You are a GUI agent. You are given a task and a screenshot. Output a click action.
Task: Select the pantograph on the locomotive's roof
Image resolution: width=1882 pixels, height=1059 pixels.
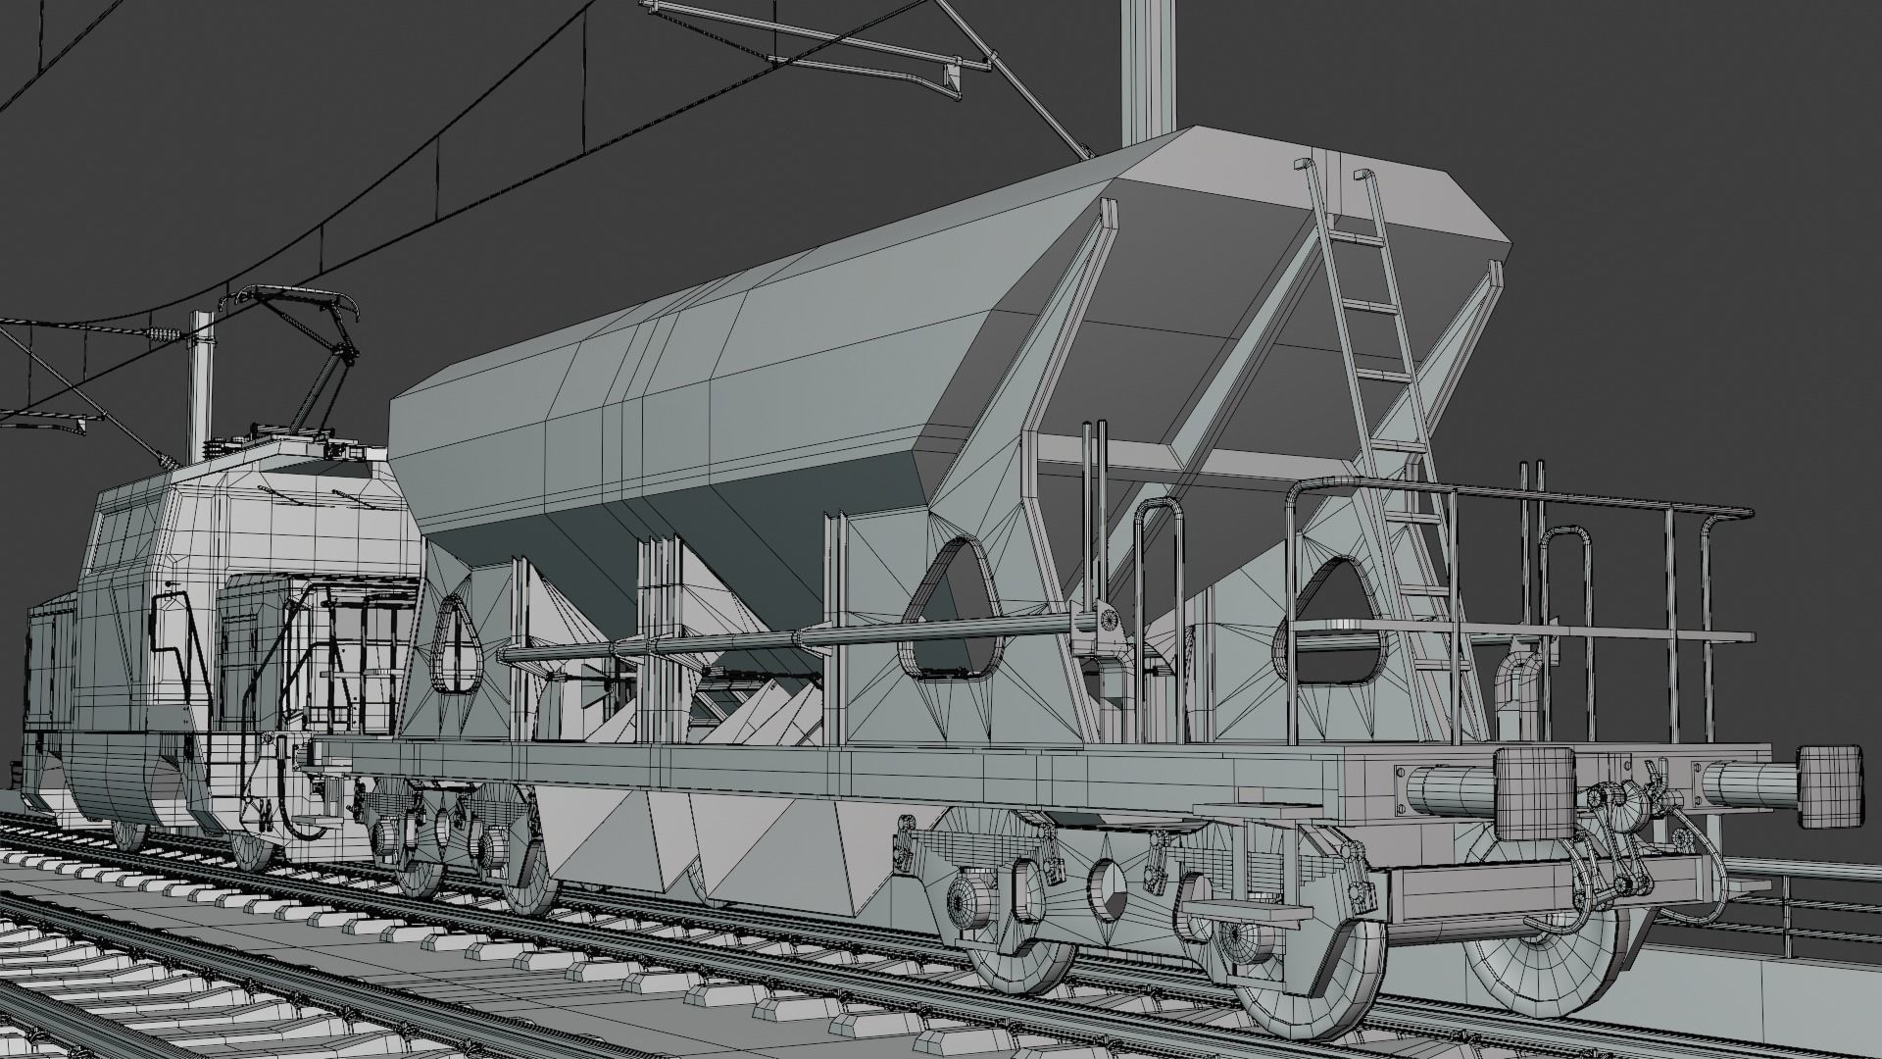click(294, 353)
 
